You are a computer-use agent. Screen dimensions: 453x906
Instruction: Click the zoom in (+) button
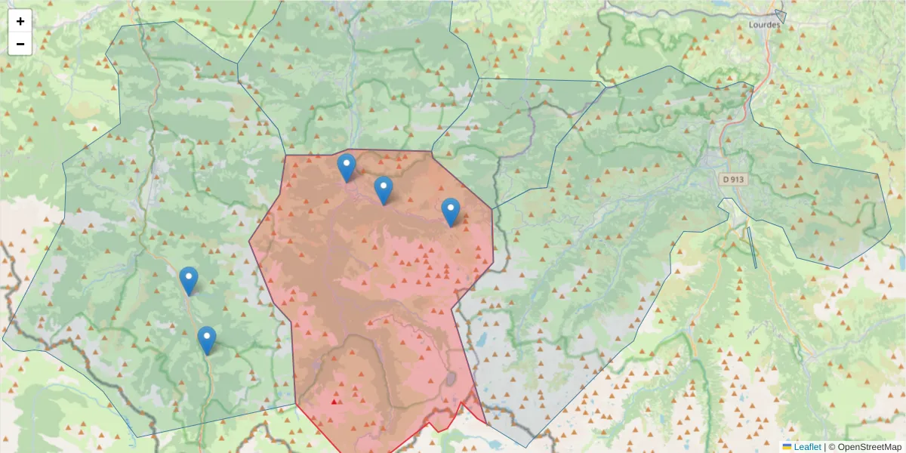click(20, 21)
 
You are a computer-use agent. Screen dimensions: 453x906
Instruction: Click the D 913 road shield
click(732, 180)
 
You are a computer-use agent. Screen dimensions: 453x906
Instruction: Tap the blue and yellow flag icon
click(787, 447)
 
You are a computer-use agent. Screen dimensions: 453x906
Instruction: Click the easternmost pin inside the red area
click(451, 212)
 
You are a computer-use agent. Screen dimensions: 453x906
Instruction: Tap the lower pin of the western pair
click(207, 340)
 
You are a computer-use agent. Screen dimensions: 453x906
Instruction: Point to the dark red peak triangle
click(334, 402)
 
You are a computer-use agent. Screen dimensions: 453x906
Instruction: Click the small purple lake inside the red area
click(451, 377)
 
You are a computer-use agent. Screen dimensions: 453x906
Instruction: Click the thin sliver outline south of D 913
click(752, 248)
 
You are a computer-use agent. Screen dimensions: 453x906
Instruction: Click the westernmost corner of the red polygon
click(250, 242)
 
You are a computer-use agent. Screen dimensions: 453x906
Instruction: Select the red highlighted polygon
click(377, 302)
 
